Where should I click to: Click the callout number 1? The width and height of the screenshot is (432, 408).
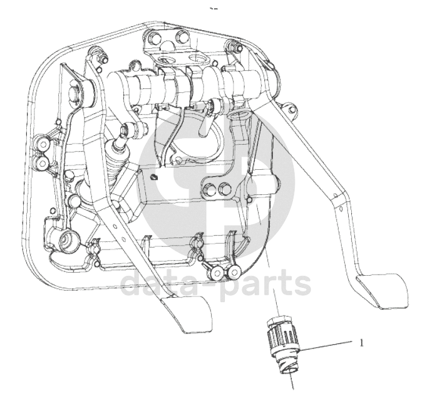coord(361,343)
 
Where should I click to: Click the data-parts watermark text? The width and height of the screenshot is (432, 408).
coord(216,283)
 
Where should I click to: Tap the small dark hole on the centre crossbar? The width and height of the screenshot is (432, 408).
coord(155,177)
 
